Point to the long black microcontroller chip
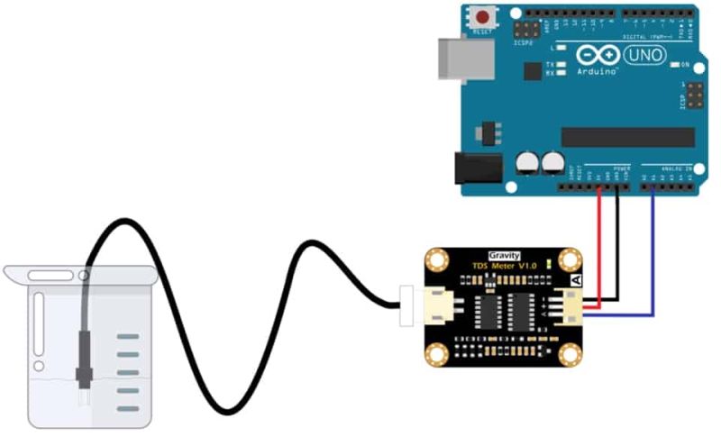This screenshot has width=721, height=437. coord(627,136)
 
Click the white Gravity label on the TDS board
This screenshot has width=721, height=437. coord(504,255)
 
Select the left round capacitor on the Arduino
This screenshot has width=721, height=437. coord(527,162)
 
